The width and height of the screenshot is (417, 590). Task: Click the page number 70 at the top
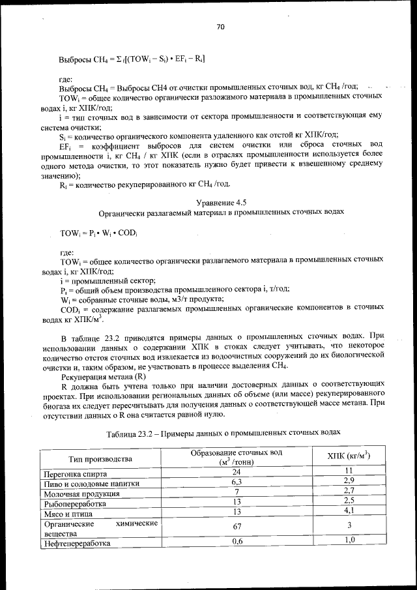(220, 27)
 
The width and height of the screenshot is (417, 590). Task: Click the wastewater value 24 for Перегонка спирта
(237, 471)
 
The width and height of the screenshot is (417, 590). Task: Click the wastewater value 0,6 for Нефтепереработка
(237, 541)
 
